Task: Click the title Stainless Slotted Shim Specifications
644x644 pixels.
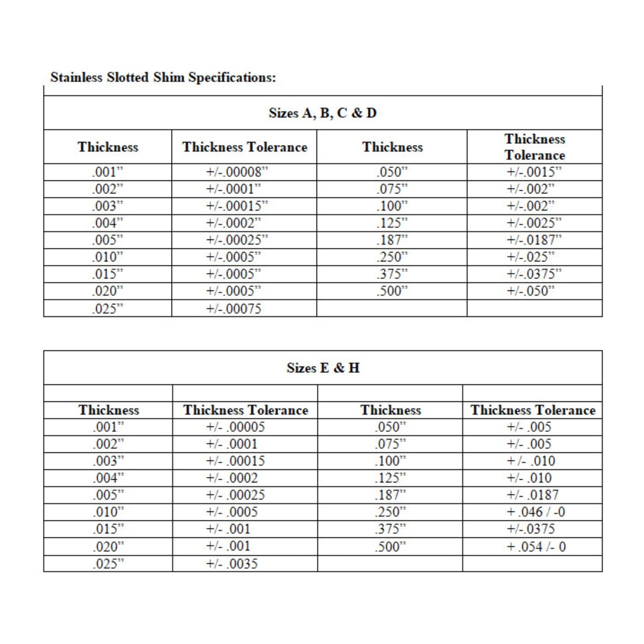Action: click(x=163, y=77)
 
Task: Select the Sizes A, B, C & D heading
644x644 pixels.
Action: click(x=322, y=113)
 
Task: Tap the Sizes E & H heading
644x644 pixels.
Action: click(x=322, y=368)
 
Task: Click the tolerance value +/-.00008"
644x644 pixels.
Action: click(x=236, y=172)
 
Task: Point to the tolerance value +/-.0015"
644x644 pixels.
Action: click(x=534, y=172)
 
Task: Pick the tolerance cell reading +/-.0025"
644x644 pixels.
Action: click(x=534, y=223)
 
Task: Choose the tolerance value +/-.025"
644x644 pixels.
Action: click(x=530, y=257)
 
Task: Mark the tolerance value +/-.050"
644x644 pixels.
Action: click(x=530, y=291)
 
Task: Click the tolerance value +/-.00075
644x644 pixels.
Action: click(x=233, y=309)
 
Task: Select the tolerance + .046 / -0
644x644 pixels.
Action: click(x=536, y=512)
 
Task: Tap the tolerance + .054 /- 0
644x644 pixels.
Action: click(x=536, y=547)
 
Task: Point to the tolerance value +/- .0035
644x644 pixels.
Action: click(x=232, y=564)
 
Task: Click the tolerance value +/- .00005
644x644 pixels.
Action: click(x=235, y=427)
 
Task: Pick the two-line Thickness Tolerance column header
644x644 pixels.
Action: click(x=535, y=147)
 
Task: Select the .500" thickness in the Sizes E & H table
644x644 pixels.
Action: click(x=391, y=547)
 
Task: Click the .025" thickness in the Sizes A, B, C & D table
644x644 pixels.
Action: click(x=108, y=309)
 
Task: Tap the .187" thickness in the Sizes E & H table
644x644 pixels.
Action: click(x=391, y=495)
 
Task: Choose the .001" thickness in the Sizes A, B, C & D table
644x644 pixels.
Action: click(x=108, y=172)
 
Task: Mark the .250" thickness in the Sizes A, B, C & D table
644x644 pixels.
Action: click(x=392, y=257)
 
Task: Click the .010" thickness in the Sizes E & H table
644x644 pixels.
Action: click(x=109, y=512)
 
